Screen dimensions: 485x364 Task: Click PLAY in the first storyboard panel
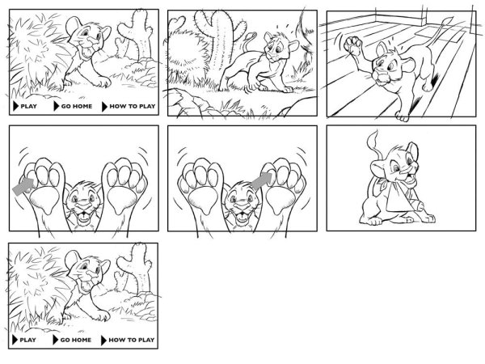point(28,106)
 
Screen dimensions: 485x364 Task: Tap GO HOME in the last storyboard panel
point(76,340)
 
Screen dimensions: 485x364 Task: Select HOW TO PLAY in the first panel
point(133,106)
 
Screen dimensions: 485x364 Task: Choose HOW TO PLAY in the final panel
point(132,340)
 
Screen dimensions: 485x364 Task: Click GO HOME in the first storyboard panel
point(77,106)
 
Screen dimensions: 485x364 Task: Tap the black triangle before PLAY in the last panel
point(15,340)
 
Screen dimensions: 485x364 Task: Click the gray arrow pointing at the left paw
point(23,186)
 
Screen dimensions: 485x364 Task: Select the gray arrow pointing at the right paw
point(262,180)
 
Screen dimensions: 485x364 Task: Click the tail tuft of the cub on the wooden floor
point(447,21)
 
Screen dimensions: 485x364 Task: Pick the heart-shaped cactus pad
point(177,23)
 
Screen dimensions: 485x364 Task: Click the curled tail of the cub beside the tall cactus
point(249,40)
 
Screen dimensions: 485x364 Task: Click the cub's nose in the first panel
point(91,40)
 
